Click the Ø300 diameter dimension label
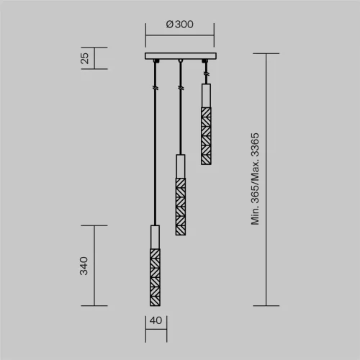[179, 24]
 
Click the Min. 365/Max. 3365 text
[254, 179]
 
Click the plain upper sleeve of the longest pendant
[155, 236]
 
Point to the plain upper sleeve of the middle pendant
[179, 166]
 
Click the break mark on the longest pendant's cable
[155, 88]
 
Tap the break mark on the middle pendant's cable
[179, 88]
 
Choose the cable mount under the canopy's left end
[155, 63]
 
